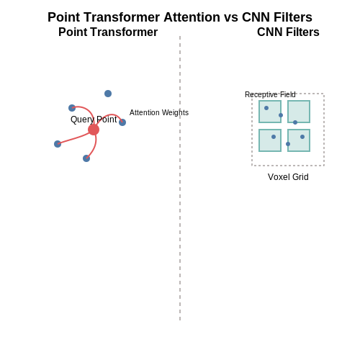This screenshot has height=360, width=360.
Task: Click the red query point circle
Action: [94, 130]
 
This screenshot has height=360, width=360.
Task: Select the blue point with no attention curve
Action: [108, 94]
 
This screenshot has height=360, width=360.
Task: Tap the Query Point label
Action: [94, 120]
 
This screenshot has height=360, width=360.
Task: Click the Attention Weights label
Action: [159, 112]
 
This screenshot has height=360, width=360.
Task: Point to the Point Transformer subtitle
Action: [108, 32]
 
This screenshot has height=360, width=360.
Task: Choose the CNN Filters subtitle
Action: [288, 32]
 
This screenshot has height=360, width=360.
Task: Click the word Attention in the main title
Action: [192, 17]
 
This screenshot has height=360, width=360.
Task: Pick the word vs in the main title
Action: [231, 18]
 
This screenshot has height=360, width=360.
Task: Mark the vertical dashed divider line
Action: [180, 178]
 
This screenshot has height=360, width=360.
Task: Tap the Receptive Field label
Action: [270, 94]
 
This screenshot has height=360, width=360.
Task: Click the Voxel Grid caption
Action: [288, 177]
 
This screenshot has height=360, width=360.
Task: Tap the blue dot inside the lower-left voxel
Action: [274, 137]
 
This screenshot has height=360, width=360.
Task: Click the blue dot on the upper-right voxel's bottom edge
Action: [295, 122]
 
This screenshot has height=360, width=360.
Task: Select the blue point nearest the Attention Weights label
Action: [122, 122]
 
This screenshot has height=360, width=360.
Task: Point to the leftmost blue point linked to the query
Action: [58, 144]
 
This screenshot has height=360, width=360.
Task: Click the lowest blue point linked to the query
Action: [86, 158]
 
